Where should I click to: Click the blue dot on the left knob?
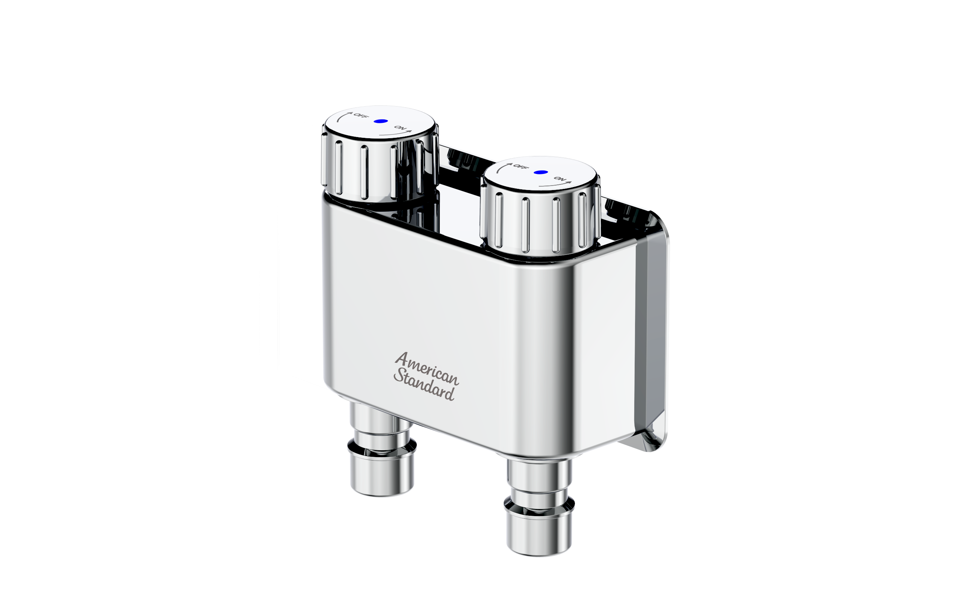coord(381,121)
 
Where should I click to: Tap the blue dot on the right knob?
coord(541,172)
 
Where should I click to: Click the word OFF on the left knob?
coord(361,116)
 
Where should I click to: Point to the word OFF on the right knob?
coord(521,166)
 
